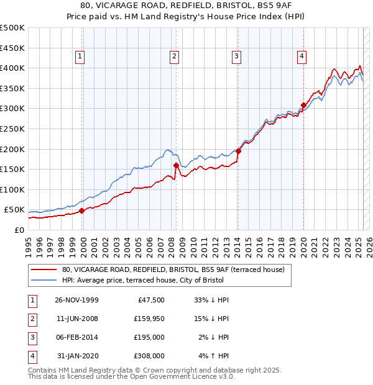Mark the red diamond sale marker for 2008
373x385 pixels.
point(176,165)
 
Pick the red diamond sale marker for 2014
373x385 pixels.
point(239,151)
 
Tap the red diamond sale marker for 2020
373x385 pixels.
point(303,105)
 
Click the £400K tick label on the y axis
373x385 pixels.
point(12,68)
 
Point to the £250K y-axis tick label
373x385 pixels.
point(12,129)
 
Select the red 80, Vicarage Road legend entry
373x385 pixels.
point(173,269)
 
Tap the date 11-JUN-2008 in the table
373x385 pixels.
point(76,319)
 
